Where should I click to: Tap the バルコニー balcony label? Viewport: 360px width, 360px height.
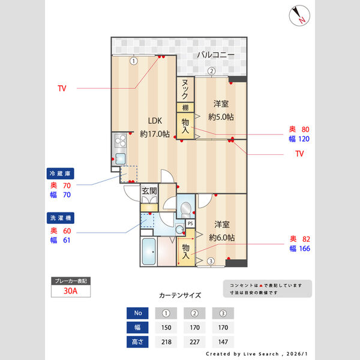coord(215,55)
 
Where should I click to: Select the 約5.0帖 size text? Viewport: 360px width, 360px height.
coord(221,116)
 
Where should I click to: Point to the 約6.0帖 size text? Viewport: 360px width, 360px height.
coord(221,238)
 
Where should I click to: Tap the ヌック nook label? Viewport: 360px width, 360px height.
coord(185,90)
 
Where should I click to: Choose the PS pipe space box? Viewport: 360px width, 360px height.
coord(190,223)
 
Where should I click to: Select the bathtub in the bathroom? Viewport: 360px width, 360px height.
coord(148,253)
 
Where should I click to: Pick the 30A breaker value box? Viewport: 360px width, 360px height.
coord(71,292)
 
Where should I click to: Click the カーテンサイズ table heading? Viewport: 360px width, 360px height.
coord(180,295)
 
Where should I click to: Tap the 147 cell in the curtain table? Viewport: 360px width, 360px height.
coord(223,341)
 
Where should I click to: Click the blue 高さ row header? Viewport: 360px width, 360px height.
coord(137,341)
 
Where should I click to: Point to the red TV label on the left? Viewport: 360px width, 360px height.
coord(62,89)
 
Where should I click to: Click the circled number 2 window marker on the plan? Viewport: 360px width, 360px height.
coord(211,71)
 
